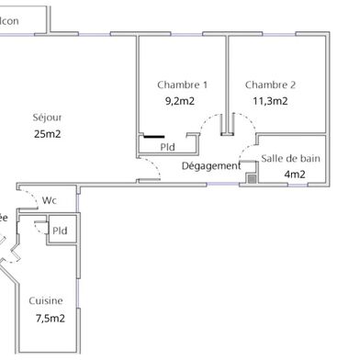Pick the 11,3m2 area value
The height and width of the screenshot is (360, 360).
click(270, 102)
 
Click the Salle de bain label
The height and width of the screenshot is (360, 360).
click(289, 159)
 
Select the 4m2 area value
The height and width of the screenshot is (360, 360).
click(294, 174)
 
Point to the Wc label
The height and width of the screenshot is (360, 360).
click(51, 199)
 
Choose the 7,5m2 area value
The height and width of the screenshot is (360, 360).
click(50, 319)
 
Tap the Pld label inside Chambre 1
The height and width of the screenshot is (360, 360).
click(168, 146)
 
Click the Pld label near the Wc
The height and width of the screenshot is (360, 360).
click(61, 231)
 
